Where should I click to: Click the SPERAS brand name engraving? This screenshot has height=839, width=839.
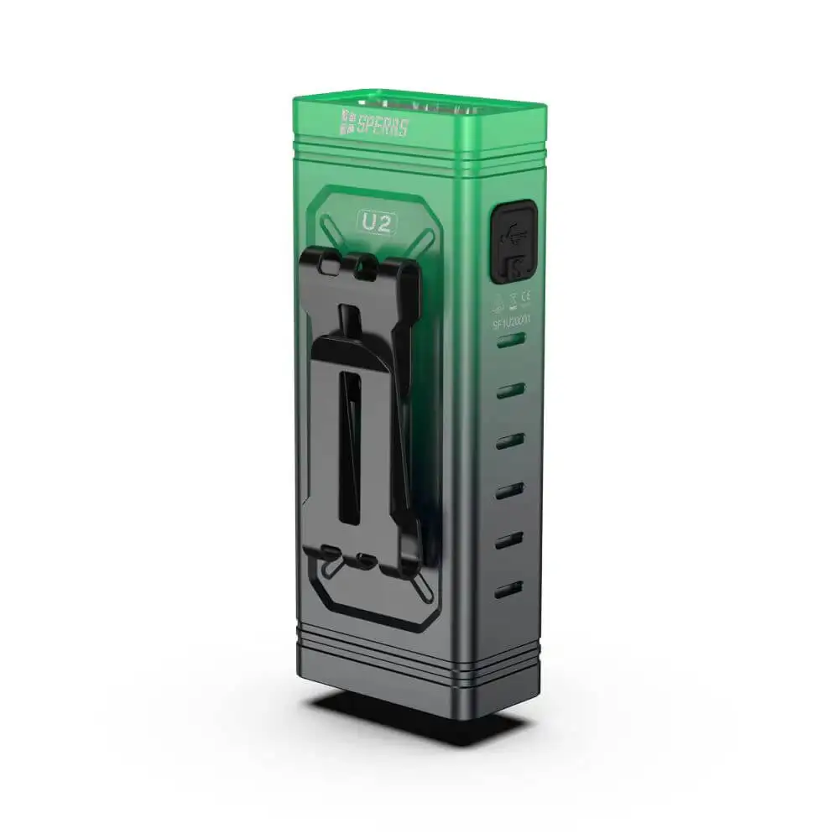tap(382, 126)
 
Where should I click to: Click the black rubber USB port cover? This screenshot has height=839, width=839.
tap(511, 242)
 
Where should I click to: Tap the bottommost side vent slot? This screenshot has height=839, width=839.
tap(508, 589)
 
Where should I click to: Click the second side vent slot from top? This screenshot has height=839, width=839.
tap(510, 390)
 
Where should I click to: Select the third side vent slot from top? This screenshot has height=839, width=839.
tap(509, 440)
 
